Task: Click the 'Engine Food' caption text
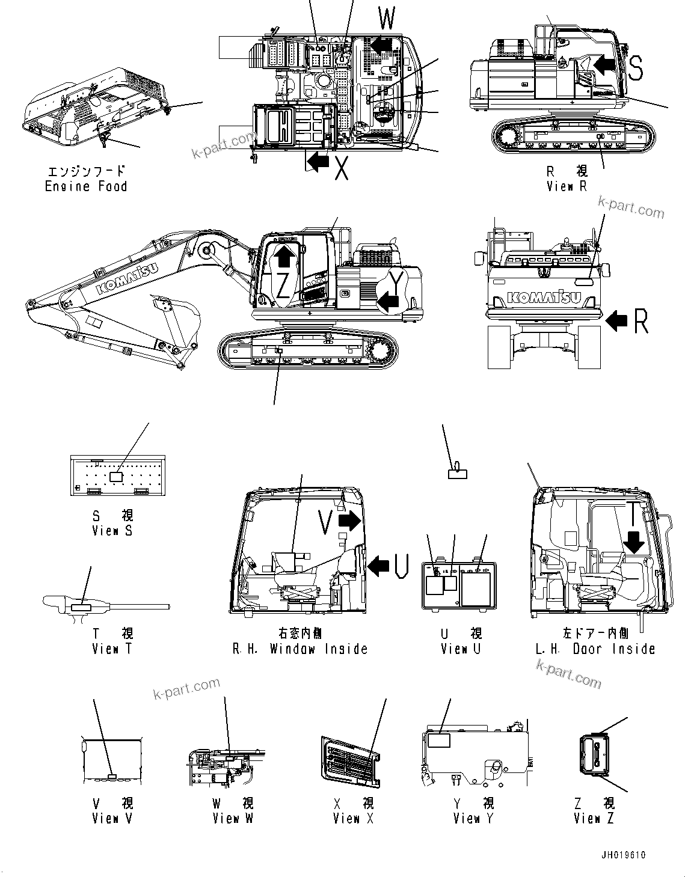click(86, 186)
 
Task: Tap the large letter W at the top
click(387, 19)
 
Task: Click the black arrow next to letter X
click(318, 160)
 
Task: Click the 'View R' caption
click(566, 186)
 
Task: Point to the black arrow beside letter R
click(616, 321)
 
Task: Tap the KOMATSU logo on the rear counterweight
click(544, 297)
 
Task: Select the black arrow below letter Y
click(388, 300)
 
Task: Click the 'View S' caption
click(112, 531)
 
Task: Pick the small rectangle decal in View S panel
click(117, 476)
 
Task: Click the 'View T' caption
click(112, 649)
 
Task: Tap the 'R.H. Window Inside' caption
click(299, 649)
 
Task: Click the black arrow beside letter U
click(378, 566)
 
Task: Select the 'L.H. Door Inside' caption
click(594, 649)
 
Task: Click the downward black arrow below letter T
click(634, 541)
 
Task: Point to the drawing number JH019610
click(622, 855)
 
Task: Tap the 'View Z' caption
click(594, 818)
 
